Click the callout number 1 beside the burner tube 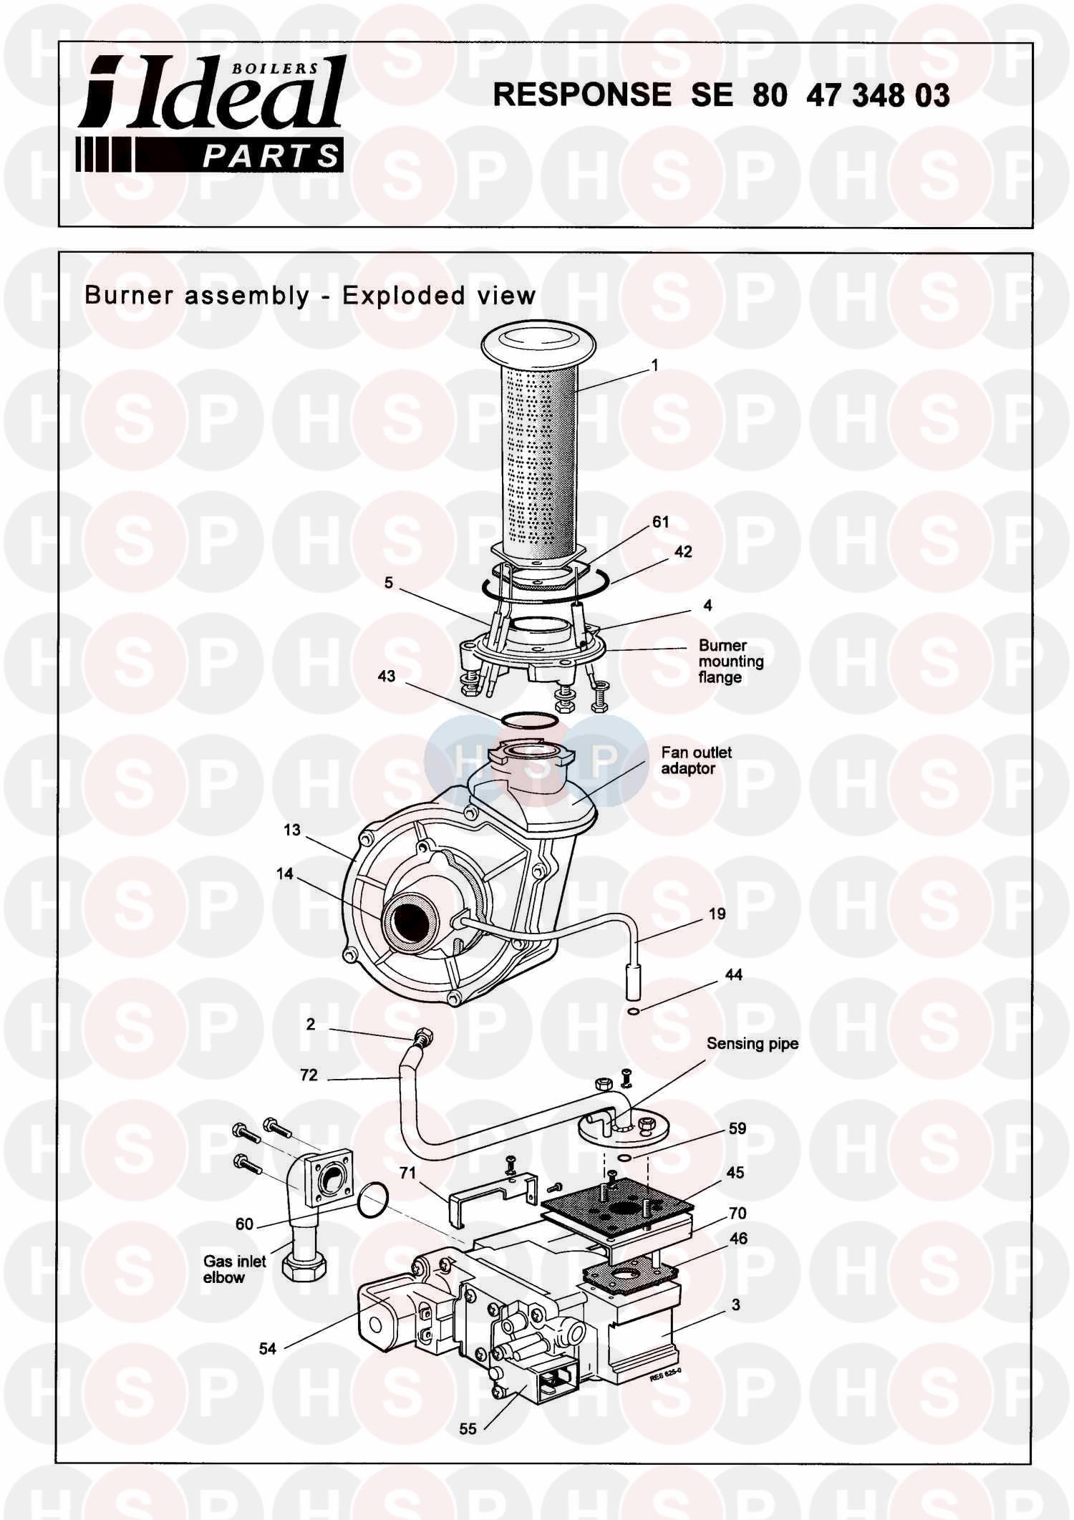click(654, 366)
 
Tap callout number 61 click(660, 522)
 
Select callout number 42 click(683, 552)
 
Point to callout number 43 click(387, 676)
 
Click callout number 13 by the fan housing click(292, 831)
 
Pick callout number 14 click(285, 874)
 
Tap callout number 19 click(717, 914)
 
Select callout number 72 click(309, 1075)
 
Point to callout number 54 click(267, 1349)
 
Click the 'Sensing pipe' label click(752, 1044)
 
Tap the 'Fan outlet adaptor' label click(696, 760)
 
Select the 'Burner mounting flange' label click(730, 661)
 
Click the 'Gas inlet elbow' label click(234, 1269)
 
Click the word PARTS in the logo click(270, 156)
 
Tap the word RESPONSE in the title click(582, 95)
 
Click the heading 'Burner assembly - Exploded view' click(310, 295)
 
